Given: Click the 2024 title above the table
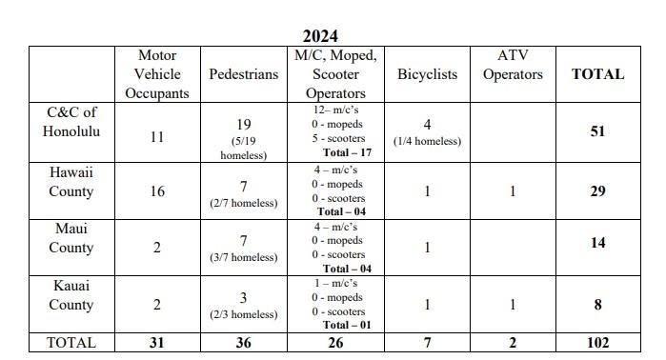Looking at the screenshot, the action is [320, 36].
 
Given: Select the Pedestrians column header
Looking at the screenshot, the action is [243, 74].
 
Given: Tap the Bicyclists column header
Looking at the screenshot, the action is [427, 74].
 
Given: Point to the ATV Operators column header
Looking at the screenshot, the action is [513, 65].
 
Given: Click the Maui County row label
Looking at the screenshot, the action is [71, 238].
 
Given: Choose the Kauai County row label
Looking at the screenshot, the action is [71, 295].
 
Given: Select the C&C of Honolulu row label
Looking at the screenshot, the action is [71, 122].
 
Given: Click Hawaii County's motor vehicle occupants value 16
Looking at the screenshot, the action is [157, 191].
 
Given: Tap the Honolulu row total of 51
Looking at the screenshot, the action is [597, 131].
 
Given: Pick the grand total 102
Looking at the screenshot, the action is [597, 343].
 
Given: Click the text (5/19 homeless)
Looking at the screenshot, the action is [243, 149].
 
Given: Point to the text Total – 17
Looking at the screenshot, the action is [347, 152].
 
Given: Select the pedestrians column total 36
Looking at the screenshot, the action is [243, 343].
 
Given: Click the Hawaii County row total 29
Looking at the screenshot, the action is [597, 191].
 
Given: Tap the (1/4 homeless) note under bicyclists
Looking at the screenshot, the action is [427, 141].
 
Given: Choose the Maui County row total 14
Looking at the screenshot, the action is [597, 243].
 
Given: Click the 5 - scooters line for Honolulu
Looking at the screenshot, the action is [338, 138].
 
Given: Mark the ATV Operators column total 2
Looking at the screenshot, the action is [513, 343].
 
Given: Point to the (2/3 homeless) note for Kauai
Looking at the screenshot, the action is [243, 314].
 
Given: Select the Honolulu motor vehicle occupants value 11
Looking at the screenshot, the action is [157, 137].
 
